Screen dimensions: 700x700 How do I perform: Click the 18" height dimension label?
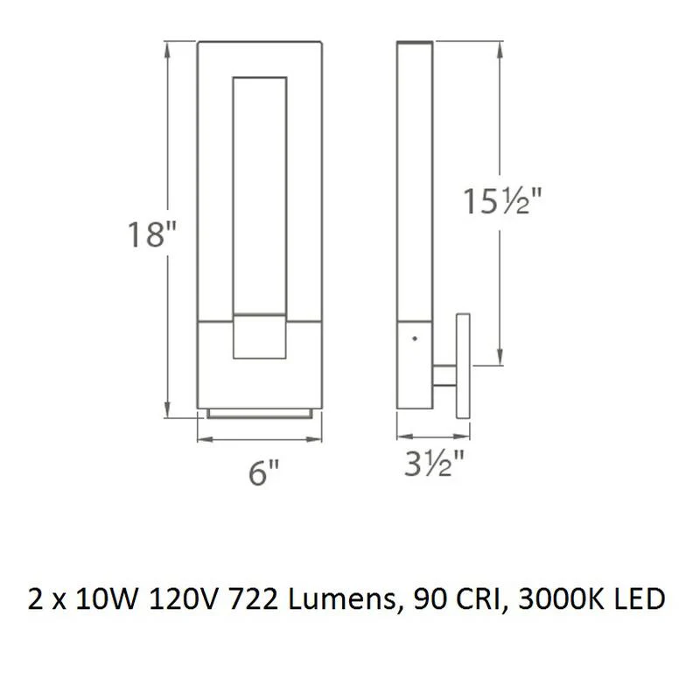coord(151,234)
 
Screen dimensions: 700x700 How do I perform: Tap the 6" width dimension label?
coord(263,472)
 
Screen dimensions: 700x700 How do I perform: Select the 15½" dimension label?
coord(502,201)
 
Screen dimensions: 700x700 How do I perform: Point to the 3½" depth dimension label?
coord(434,464)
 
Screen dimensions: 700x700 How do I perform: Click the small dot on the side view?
coord(415,339)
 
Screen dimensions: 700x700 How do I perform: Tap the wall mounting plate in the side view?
coord(463,366)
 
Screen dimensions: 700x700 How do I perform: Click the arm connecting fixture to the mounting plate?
coord(444,374)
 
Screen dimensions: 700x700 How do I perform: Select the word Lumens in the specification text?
coord(343,599)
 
